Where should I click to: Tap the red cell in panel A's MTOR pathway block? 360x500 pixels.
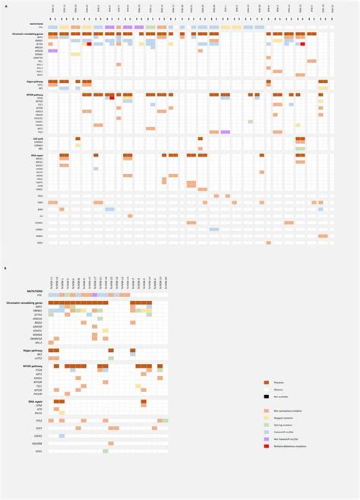click(x=112, y=98)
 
